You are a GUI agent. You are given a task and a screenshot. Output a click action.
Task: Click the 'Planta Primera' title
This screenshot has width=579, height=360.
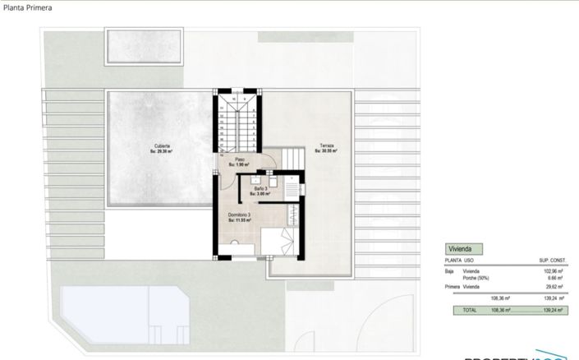pyautogui.click(x=26, y=9)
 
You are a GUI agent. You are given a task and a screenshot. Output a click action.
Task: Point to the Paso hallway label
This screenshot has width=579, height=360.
pyautogui.click(x=240, y=161)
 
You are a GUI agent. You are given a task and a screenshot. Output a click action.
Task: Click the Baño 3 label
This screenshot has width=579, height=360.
pyautogui.click(x=261, y=190)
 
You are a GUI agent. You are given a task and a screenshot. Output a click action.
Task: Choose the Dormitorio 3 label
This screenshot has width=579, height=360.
pyautogui.click(x=239, y=216)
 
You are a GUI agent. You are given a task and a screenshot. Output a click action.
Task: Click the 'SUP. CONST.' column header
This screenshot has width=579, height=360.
pyautogui.click(x=554, y=261)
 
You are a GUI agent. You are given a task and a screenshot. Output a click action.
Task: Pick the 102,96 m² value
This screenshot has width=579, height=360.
pyautogui.click(x=555, y=270)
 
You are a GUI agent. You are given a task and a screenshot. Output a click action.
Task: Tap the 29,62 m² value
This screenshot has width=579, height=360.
pyautogui.click(x=557, y=288)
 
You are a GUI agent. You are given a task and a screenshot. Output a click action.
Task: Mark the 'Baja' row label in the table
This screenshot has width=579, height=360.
pyautogui.click(x=449, y=270)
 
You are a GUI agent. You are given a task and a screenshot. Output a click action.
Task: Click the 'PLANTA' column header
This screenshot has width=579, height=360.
pyautogui.click(x=453, y=261)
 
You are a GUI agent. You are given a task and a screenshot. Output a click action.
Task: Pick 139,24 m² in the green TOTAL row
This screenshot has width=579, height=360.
pyautogui.click(x=553, y=311)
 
